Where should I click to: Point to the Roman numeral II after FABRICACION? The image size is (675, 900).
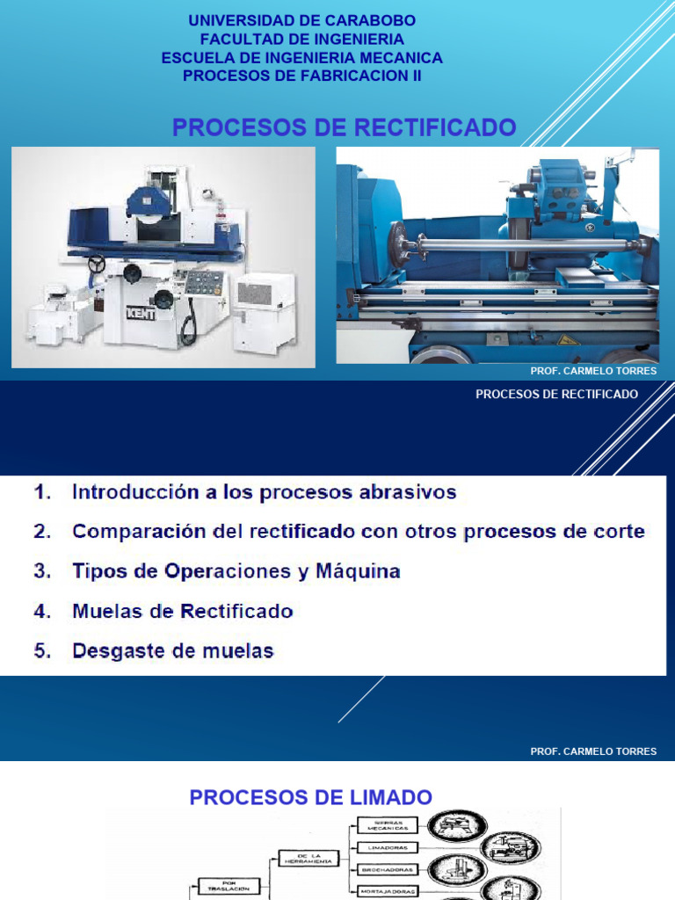416,76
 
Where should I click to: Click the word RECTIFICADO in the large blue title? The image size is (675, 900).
434,127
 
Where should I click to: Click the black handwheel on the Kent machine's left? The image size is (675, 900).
96,263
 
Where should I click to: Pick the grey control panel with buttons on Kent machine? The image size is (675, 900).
203,283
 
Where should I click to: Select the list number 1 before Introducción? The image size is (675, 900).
41,492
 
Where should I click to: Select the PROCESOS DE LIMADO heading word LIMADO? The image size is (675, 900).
390,797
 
